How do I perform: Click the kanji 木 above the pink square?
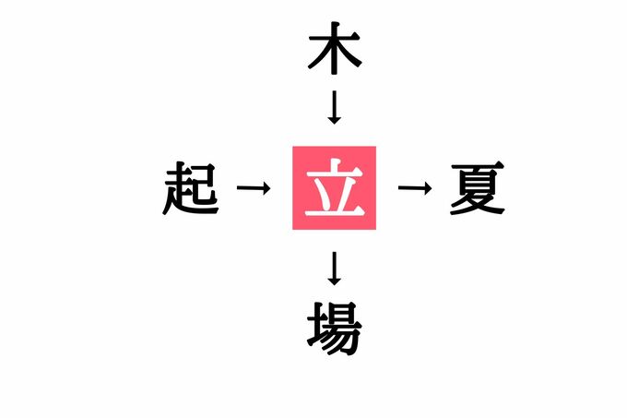coord(335,48)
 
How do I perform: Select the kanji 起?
coord(191,188)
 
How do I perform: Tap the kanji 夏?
coord(478,188)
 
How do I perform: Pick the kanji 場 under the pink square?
coord(335,328)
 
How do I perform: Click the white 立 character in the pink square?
coord(335,188)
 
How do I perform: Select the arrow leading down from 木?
coord(335,107)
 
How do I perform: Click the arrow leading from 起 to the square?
coord(254,187)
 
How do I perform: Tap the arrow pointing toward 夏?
coord(415,187)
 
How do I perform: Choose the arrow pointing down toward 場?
coord(335,269)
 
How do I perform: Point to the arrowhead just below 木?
coord(335,120)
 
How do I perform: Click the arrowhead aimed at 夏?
coord(427,187)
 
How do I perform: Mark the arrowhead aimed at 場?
coord(335,281)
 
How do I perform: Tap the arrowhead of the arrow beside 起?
coord(266,187)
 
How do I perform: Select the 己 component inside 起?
coord(205,184)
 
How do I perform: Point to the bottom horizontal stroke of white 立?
coord(335,212)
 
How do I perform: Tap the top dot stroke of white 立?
coord(337,164)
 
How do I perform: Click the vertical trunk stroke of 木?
coord(335,48)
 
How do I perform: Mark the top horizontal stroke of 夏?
coord(478,165)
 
